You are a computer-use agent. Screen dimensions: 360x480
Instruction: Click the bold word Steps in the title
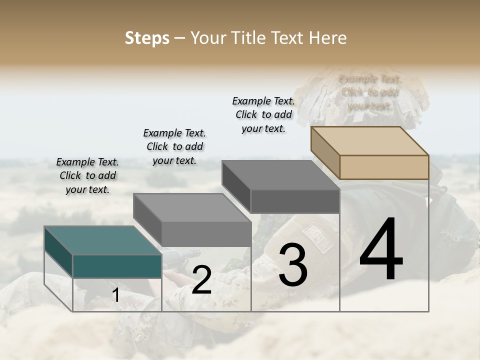pos(147,38)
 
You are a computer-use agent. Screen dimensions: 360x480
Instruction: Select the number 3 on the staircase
pos(292,265)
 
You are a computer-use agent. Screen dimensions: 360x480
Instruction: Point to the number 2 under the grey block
pos(201,280)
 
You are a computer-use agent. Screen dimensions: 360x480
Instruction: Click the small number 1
pos(115,295)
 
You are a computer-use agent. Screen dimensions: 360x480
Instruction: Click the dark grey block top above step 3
pos(280,175)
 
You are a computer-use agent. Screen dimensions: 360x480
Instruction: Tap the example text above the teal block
pos(88,175)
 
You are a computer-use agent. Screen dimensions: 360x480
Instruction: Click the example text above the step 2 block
pos(174,146)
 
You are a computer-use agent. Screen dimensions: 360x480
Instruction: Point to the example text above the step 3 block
pos(263,114)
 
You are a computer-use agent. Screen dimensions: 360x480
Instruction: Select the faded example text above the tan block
pos(370,92)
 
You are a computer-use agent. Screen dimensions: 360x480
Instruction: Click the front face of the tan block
pos(384,167)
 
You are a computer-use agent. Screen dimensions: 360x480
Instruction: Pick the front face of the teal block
pos(117,266)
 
